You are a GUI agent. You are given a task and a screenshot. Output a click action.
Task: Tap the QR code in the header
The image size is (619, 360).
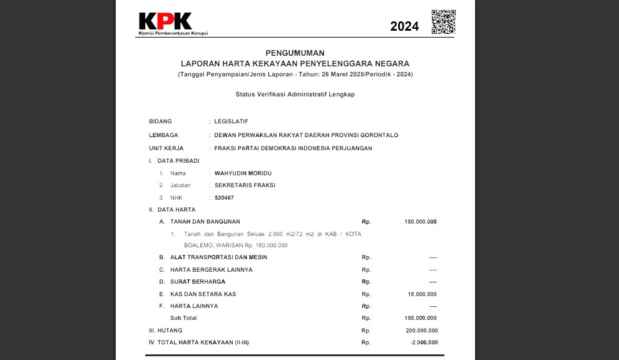click(x=443, y=21)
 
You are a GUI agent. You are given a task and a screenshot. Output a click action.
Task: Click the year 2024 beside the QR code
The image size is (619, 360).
click(x=404, y=26)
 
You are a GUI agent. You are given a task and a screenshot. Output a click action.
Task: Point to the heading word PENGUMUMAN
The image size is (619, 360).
click(x=295, y=53)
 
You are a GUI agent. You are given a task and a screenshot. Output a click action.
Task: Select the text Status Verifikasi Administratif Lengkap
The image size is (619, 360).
click(x=295, y=94)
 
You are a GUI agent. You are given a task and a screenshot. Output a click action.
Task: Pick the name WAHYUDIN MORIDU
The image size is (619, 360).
click(x=243, y=173)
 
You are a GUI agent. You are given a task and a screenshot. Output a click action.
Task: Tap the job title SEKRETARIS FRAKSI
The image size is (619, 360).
click(x=245, y=185)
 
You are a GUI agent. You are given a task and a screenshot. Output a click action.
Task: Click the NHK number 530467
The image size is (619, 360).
click(x=224, y=198)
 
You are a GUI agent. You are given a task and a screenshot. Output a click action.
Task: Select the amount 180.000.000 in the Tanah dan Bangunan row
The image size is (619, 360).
click(x=421, y=222)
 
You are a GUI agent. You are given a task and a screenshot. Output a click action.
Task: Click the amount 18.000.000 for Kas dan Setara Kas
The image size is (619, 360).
click(x=422, y=294)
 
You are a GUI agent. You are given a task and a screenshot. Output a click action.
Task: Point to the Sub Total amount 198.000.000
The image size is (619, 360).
click(x=421, y=318)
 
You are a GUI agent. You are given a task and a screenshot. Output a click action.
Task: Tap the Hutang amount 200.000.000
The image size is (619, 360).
click(x=421, y=331)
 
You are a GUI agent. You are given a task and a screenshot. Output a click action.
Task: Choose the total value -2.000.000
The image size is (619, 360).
click(x=424, y=342)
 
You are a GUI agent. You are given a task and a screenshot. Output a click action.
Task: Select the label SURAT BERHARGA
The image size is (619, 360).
click(x=198, y=282)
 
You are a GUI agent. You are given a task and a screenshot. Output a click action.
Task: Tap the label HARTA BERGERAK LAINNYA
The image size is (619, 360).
click(x=212, y=270)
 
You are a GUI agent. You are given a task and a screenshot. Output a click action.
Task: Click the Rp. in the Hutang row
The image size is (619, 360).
click(x=366, y=331)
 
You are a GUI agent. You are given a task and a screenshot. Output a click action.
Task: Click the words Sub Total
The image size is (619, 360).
click(x=183, y=318)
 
